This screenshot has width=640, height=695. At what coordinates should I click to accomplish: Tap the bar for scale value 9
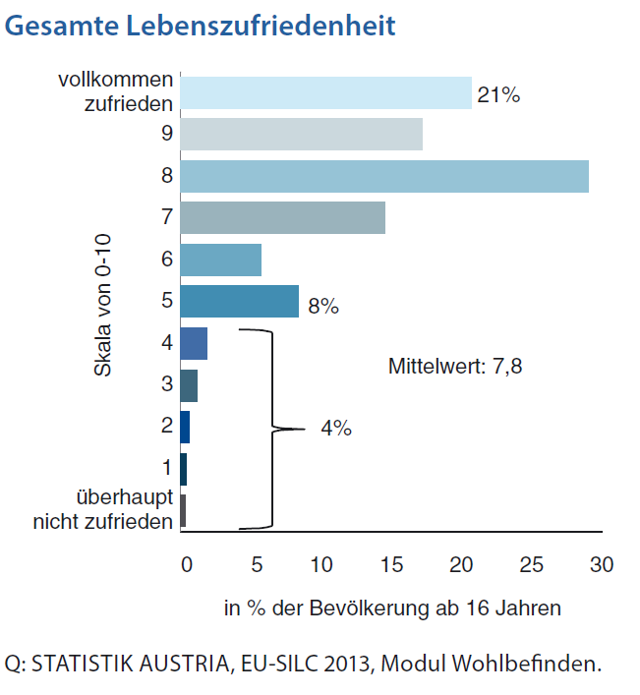(x=301, y=134)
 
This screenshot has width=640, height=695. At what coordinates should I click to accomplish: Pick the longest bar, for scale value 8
(x=384, y=176)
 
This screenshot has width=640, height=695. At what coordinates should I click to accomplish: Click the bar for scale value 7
(x=282, y=217)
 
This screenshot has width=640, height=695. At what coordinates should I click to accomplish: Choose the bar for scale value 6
(x=221, y=260)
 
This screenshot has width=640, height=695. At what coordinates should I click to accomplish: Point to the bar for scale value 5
(x=239, y=301)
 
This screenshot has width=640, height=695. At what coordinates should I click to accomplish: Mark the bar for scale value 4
(x=194, y=343)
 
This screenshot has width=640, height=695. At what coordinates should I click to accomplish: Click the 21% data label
(x=497, y=95)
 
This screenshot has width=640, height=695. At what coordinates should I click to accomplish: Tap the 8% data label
(x=323, y=306)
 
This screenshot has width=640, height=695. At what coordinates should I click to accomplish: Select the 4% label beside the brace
(x=336, y=429)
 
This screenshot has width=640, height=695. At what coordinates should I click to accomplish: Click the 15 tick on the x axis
(x=391, y=565)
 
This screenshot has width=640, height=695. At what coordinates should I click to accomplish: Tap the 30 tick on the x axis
(x=601, y=565)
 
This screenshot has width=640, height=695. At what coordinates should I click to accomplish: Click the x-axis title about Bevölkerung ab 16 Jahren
(x=391, y=608)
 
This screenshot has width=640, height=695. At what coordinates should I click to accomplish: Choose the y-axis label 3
(x=167, y=384)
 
